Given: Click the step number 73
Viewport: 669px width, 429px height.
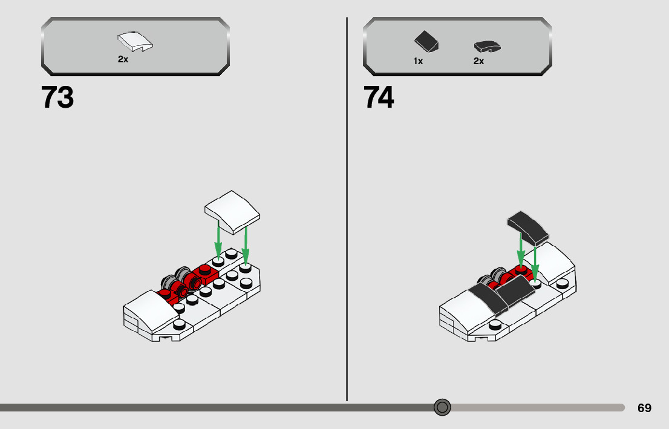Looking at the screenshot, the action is (x=57, y=97).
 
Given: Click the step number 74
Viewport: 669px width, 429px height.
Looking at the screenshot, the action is (x=379, y=97).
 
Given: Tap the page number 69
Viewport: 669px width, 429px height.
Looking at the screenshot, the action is (x=644, y=408).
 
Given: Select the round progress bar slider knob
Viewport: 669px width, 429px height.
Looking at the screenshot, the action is (x=442, y=407).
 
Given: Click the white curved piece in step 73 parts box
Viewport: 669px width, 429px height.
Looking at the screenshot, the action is (x=134, y=42).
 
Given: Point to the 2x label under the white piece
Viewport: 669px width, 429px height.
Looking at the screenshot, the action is (x=123, y=60).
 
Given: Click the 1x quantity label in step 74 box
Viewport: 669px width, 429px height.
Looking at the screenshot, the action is (x=418, y=61).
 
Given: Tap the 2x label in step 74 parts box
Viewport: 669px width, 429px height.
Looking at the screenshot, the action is (x=478, y=61).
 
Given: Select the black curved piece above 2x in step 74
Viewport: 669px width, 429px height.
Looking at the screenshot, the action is (x=487, y=46).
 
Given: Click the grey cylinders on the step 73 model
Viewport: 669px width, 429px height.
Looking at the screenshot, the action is (x=175, y=278).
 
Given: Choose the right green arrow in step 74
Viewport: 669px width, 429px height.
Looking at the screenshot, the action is (x=535, y=260).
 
